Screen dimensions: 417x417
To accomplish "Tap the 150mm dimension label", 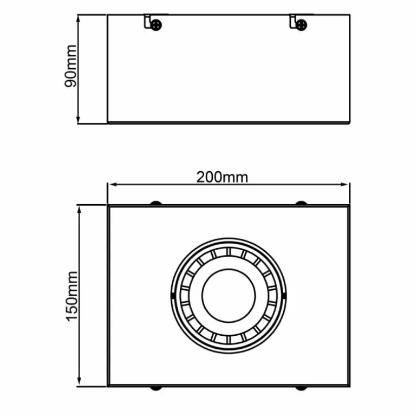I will tap(73, 296).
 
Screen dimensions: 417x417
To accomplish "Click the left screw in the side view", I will tap(157, 24).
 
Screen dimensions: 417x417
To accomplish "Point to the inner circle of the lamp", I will tap(228, 295).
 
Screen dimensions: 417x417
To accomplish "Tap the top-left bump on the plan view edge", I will tap(156, 203).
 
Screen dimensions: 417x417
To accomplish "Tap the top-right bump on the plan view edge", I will tap(301, 203).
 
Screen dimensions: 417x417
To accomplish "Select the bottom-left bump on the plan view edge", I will tap(156, 388).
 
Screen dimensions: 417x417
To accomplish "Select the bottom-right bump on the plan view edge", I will tap(301, 388).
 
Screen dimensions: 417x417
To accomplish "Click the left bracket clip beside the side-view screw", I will tap(147, 22).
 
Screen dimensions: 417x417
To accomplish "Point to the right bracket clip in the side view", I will tap(293, 22).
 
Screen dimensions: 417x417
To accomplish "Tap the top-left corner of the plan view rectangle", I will tap(108, 206).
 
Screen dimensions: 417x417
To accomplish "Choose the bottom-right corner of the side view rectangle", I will tap(349, 122).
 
